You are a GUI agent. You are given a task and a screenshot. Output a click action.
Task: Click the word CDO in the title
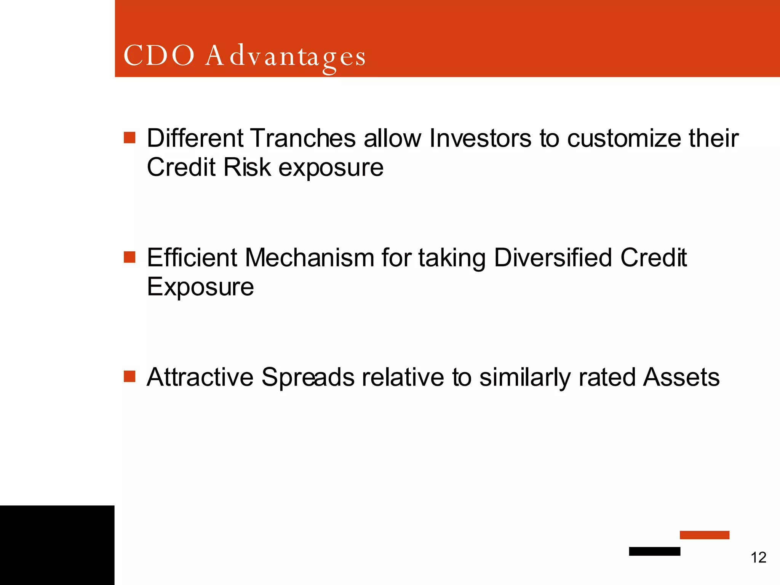(159, 56)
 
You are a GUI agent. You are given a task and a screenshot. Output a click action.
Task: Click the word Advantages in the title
(285, 56)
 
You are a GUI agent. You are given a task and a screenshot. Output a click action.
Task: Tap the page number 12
(758, 558)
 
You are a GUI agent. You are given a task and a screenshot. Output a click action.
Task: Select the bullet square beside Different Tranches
(129, 137)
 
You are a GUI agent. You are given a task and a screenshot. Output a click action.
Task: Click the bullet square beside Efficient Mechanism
(129, 257)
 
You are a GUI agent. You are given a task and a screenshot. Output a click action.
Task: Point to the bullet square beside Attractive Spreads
(129, 376)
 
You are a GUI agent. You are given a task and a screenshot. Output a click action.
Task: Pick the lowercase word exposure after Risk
(331, 168)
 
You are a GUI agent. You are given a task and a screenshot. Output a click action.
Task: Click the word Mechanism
(309, 257)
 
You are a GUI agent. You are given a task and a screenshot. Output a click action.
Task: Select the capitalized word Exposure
(200, 287)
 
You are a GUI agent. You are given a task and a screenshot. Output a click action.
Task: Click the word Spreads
(308, 378)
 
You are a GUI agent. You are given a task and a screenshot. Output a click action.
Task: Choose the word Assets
(681, 377)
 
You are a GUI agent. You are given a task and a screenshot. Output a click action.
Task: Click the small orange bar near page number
(704, 535)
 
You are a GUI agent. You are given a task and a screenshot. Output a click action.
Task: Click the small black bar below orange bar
(654, 551)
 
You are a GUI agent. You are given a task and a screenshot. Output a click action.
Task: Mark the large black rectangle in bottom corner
(57, 545)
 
